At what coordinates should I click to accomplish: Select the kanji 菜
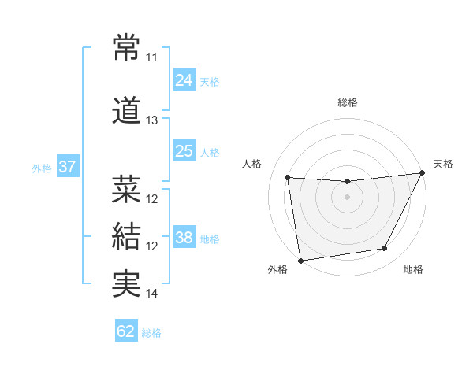[127, 189]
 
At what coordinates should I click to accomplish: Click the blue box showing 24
[184, 80]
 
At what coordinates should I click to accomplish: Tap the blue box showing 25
[184, 150]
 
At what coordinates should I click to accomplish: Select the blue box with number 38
[184, 237]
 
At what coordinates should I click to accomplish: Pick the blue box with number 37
[67, 166]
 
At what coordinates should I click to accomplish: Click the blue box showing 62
[126, 331]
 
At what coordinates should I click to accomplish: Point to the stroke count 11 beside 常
[151, 57]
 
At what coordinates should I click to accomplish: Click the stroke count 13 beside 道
[151, 120]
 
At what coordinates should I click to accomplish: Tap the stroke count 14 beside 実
[152, 294]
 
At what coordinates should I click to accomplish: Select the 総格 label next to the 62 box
[151, 333]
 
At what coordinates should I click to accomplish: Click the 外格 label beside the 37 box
[42, 168]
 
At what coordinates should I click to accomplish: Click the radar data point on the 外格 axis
[300, 260]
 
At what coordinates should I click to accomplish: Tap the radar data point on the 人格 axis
[287, 177]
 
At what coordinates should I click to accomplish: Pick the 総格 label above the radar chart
[347, 102]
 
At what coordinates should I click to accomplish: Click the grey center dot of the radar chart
[347, 197]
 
